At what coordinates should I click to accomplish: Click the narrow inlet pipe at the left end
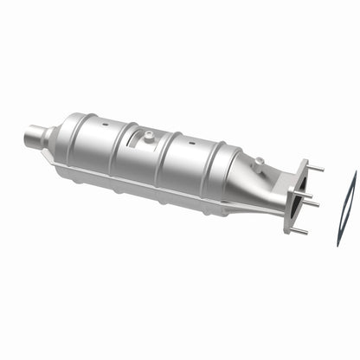coord(35,136)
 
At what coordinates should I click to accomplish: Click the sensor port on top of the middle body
coord(148,136)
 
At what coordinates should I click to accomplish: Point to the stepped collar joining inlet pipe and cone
coord(48,136)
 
